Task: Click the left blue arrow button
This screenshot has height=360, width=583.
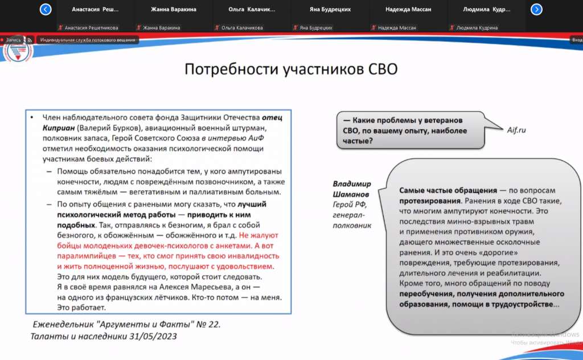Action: click(46, 9)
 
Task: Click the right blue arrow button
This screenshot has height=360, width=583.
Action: click(536, 9)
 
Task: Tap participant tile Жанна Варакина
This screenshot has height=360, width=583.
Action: click(174, 16)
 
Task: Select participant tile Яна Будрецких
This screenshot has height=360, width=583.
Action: click(330, 16)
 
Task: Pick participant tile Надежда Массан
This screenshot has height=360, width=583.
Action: click(408, 16)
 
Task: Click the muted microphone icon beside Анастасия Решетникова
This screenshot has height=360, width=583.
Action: click(60, 27)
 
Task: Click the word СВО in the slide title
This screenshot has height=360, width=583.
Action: click(383, 69)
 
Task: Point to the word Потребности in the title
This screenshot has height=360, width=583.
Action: click(231, 69)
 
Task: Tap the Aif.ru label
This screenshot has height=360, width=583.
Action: click(516, 130)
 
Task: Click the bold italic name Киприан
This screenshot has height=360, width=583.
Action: click(59, 128)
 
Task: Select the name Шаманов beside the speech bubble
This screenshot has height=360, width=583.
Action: click(351, 194)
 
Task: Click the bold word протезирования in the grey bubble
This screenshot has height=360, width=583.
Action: click(430, 201)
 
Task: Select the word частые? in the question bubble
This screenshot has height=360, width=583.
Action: click(358, 141)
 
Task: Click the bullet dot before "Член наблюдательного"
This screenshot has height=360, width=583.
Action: click(32, 117)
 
